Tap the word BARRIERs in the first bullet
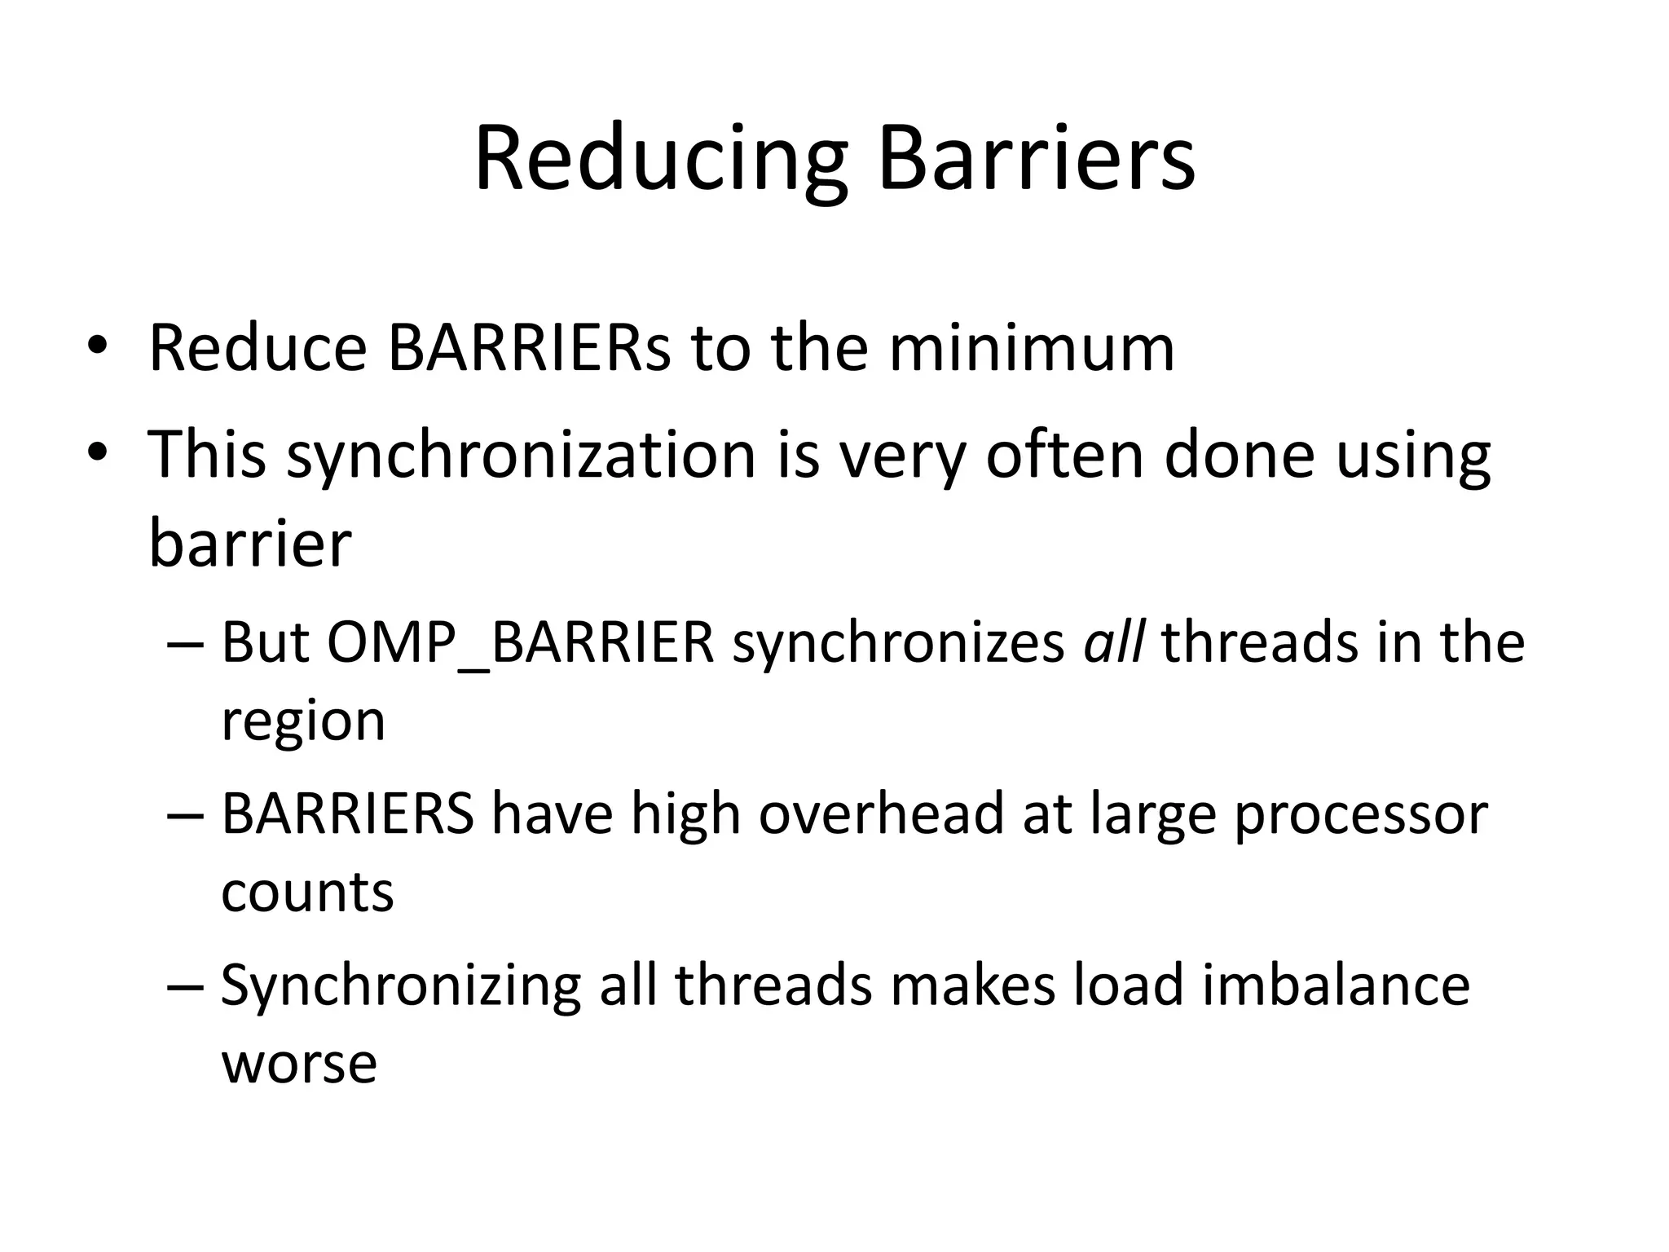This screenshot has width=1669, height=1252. pos(529,348)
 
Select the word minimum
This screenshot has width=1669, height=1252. pos(1031,348)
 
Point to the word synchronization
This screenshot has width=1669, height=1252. pos(522,456)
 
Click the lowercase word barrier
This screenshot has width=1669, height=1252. pos(250,544)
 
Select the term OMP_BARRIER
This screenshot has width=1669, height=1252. pos(521,644)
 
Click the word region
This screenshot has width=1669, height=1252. pos(303,723)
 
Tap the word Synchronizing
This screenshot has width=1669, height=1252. pos(400,987)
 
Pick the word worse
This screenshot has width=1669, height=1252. pos(299,1064)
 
